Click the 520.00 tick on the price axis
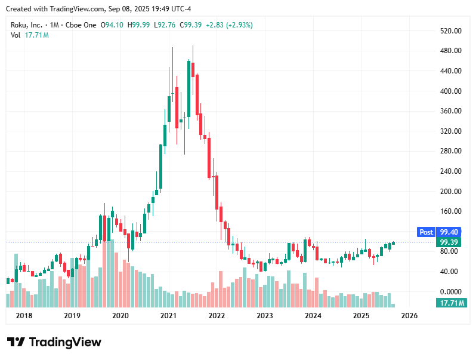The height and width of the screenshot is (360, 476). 450,30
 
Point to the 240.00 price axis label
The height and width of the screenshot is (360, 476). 450,171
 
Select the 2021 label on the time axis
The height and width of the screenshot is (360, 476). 168,315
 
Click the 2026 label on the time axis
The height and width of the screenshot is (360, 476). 409,315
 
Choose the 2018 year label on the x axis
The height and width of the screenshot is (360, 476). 24,315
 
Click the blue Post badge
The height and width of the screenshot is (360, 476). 426,232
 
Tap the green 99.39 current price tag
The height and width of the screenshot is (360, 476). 449,242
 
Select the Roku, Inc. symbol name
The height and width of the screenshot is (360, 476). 27,25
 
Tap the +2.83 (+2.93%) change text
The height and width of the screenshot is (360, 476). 229,25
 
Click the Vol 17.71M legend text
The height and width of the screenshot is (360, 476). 29,35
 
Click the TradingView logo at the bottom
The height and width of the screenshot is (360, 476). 54,342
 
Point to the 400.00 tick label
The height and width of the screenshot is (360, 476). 450,91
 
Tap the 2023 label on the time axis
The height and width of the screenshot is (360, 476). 264,315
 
